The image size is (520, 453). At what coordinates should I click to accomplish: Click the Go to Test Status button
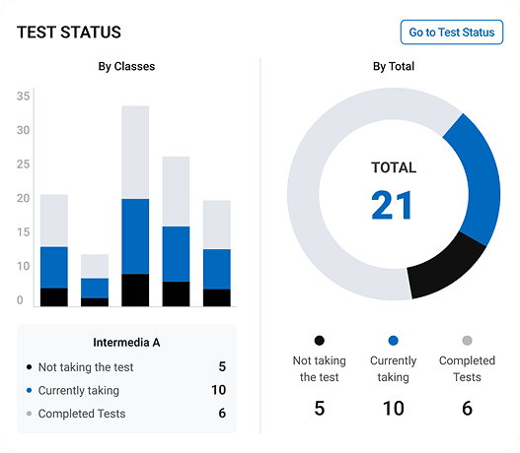[x=451, y=32]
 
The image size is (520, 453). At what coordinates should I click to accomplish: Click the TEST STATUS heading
[x=69, y=32]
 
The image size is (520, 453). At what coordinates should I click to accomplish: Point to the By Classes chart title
[x=126, y=67]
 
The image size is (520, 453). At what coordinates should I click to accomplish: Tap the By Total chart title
[x=393, y=67]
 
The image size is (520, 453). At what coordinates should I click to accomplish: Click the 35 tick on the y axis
[x=24, y=96]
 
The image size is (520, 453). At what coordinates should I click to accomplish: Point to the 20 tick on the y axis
[x=24, y=198]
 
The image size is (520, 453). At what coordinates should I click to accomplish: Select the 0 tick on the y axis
[x=20, y=300]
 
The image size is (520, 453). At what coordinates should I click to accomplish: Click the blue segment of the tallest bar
[x=135, y=236]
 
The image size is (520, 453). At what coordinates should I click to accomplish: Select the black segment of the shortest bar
[x=95, y=302]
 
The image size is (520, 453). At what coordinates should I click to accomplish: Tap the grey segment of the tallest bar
[x=135, y=153]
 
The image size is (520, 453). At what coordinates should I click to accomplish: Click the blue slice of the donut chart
[x=474, y=177]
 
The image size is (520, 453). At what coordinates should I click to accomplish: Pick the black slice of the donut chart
[x=445, y=267]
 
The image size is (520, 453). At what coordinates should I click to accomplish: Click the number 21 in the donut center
[x=393, y=205]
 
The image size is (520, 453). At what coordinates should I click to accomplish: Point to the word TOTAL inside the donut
[x=393, y=167]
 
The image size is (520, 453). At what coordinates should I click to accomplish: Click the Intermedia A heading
[x=126, y=343]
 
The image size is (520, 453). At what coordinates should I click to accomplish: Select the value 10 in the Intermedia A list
[x=218, y=390]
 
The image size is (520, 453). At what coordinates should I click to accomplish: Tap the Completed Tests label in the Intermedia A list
[x=82, y=414]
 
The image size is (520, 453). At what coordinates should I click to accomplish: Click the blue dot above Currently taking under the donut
[x=393, y=341]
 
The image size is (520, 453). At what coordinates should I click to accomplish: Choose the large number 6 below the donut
[x=467, y=408]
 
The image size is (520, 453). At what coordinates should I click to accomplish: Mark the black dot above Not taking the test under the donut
[x=319, y=341]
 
